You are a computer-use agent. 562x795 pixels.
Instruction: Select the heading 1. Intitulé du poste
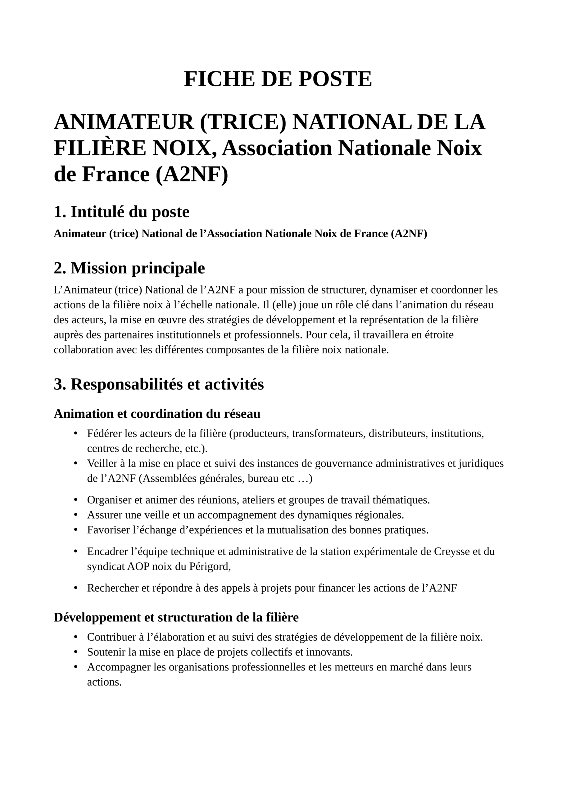(x=121, y=211)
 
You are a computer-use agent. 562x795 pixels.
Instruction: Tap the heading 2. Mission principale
(x=129, y=268)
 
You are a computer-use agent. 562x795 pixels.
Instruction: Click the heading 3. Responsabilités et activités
(x=159, y=384)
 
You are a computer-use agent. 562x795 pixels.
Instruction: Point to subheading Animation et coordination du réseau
(x=157, y=414)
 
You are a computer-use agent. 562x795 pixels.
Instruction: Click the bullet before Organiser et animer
(x=75, y=500)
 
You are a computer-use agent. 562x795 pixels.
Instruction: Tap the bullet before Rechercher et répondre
(x=75, y=588)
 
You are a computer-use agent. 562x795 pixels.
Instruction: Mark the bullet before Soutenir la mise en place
(x=75, y=652)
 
